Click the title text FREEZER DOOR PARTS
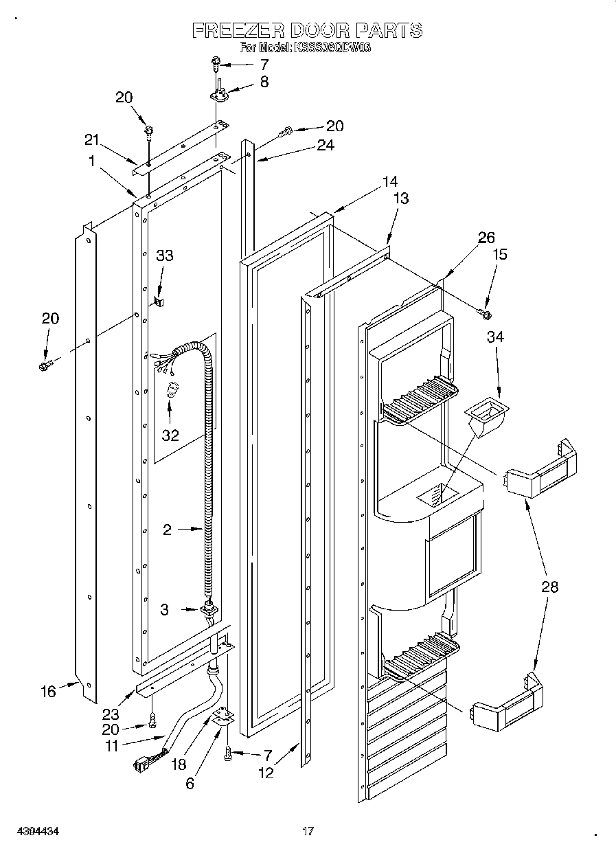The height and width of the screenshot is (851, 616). (306, 30)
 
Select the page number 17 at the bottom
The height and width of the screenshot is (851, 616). (308, 832)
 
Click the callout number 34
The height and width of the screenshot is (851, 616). (495, 337)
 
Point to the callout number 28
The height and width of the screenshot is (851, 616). (549, 587)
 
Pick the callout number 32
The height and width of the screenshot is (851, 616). (170, 435)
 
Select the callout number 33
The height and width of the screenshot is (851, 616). (164, 256)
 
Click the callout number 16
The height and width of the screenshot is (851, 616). (48, 691)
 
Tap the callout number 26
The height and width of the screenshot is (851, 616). (486, 238)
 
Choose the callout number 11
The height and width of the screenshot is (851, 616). (111, 745)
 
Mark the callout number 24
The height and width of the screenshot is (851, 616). (326, 145)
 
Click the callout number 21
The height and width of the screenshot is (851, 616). (91, 140)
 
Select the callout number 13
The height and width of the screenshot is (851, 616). (400, 198)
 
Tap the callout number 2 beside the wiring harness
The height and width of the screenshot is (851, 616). (167, 529)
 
